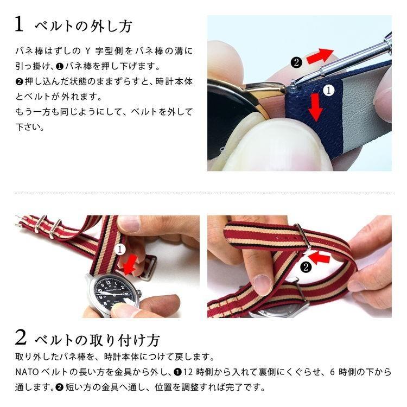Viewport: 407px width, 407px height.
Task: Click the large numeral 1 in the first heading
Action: click(19, 24)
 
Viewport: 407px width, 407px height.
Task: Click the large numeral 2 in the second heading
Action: click(21, 337)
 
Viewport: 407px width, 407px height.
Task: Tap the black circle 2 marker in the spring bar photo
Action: click(296, 62)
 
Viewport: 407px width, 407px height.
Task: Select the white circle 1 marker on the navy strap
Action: click(329, 90)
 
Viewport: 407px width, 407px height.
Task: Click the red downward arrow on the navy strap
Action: click(316, 107)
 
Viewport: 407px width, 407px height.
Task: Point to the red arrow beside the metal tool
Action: click(320, 55)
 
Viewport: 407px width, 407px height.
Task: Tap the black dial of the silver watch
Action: click(110, 293)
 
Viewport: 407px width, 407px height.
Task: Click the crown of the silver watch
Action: click(139, 293)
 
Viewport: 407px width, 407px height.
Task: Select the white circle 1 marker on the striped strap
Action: click(120, 250)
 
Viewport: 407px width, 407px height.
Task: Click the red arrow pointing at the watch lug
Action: click(131, 264)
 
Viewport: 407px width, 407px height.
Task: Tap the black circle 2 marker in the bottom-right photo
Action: click(306, 267)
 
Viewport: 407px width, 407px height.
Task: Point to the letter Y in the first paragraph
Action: click(88, 51)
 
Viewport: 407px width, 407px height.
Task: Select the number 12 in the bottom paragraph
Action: click(188, 372)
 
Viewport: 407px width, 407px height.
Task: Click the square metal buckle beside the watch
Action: click(149, 268)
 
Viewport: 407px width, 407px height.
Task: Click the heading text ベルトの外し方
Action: click(84, 26)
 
